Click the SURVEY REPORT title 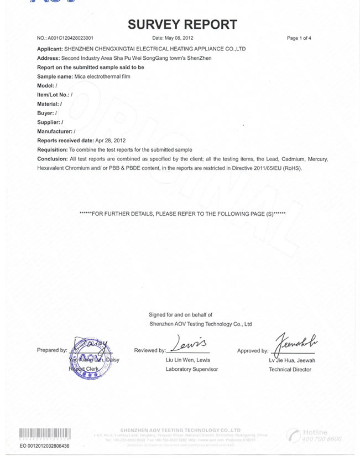[x=182, y=24]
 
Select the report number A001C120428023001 [x=70, y=38]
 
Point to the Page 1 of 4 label [x=299, y=38]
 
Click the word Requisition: [x=52, y=150]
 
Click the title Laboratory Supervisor [x=192, y=369]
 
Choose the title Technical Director [x=290, y=369]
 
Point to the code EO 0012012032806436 [x=44, y=446]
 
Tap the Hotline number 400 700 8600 [x=321, y=439]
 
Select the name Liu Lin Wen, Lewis [x=187, y=360]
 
